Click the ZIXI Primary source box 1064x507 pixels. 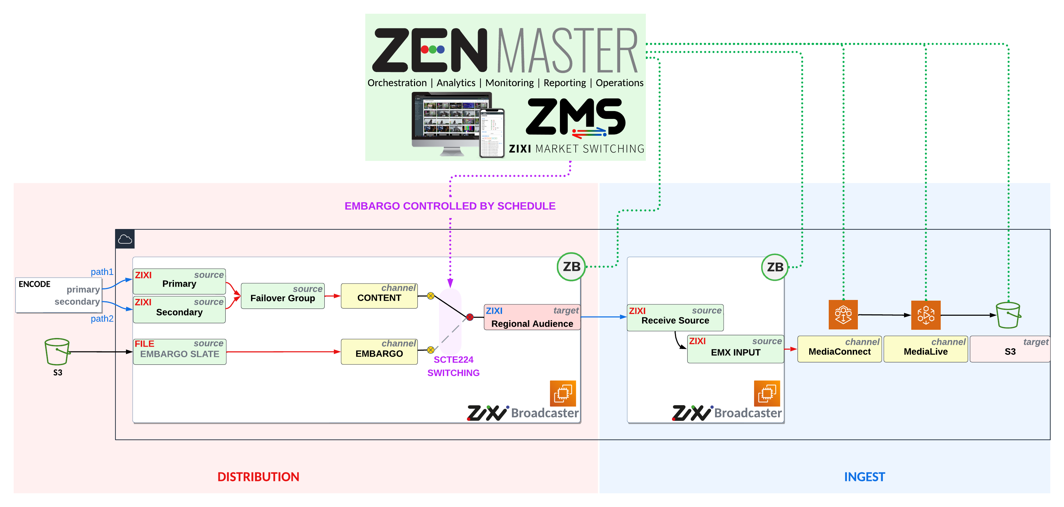(x=179, y=281)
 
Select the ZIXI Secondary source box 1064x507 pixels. (x=179, y=309)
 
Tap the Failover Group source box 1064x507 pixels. (x=283, y=296)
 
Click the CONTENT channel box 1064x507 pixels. (x=379, y=296)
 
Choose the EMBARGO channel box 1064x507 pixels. (x=379, y=351)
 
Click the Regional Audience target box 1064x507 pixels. (x=532, y=317)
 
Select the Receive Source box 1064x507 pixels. (x=675, y=317)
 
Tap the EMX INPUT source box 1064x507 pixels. (x=735, y=349)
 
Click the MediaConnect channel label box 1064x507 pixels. (x=839, y=349)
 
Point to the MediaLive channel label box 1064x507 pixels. (x=925, y=349)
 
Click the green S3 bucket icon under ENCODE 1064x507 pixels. (x=57, y=351)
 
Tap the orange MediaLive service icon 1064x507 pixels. (x=926, y=315)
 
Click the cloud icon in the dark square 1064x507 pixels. (x=125, y=239)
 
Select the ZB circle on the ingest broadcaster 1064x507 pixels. (x=775, y=267)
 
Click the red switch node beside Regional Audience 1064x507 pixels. (x=470, y=317)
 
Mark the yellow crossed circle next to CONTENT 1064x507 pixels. (x=430, y=296)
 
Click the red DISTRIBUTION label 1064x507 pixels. (x=258, y=477)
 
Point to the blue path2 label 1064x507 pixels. (x=102, y=318)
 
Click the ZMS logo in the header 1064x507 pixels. (x=576, y=118)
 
